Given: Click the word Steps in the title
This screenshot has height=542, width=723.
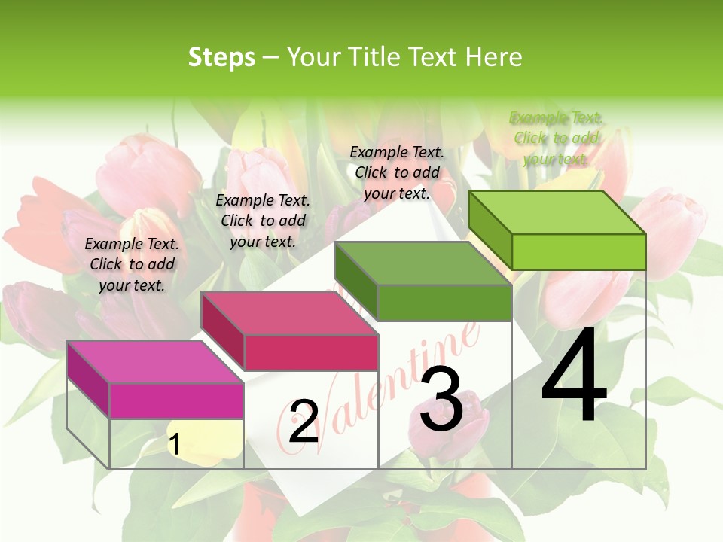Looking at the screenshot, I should click(221, 57).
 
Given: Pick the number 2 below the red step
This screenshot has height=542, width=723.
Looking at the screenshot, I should click(304, 422).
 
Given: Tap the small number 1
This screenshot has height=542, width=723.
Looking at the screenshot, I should click(174, 444).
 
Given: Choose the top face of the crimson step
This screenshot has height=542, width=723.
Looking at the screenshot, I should click(290, 313).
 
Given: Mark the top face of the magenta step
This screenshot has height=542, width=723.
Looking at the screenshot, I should click(155, 362).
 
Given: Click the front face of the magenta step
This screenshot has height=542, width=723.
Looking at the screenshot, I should click(176, 400).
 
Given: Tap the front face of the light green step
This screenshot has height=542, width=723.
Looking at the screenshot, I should click(578, 251).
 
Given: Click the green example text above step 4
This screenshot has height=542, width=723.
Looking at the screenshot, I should click(557, 139).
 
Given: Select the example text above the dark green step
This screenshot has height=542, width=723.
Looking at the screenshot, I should click(397, 173).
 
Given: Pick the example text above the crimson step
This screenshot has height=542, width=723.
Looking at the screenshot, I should click(263, 221).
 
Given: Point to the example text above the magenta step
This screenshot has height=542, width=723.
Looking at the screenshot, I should click(132, 264).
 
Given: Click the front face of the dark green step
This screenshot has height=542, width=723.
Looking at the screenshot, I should click(444, 303).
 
